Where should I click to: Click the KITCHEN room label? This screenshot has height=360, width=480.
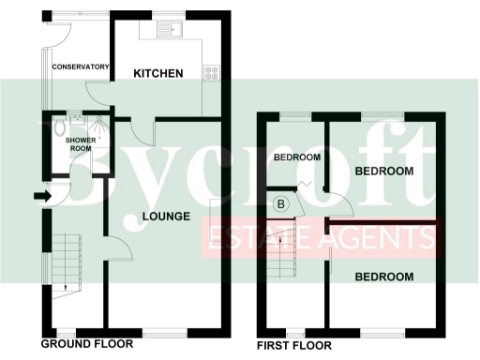pyautogui.click(x=157, y=73)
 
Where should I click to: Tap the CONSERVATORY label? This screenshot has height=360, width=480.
pyautogui.click(x=81, y=67)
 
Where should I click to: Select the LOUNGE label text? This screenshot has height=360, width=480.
pyautogui.click(x=166, y=217)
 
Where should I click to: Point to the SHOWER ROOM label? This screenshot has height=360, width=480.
pyautogui.click(x=79, y=143)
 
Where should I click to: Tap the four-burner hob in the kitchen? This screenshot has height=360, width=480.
pyautogui.click(x=213, y=74)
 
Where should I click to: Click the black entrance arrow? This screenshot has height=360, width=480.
pyautogui.click(x=40, y=196)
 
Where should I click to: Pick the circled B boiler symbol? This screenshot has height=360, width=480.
pyautogui.click(x=279, y=203)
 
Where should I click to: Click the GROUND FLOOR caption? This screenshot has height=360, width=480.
pyautogui.click(x=87, y=343)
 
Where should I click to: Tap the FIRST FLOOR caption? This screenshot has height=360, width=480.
pyautogui.click(x=293, y=346)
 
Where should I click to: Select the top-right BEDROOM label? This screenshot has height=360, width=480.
pyautogui.click(x=384, y=171)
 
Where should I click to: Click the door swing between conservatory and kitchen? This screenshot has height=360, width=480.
pyautogui.click(x=98, y=90)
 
